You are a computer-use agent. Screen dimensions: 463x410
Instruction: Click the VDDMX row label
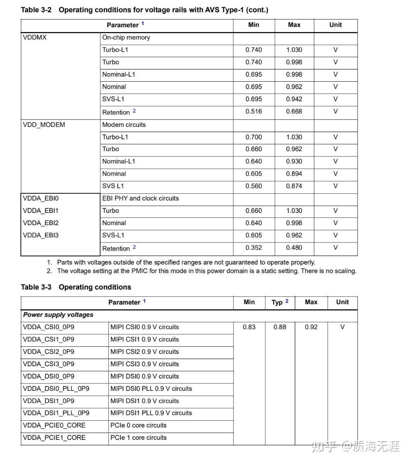pos(34,38)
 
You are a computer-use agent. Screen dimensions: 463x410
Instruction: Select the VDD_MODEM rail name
pos(44,125)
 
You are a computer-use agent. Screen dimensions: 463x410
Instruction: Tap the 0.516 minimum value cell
pos(254,112)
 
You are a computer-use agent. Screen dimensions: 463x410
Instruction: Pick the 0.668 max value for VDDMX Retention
pos(294,112)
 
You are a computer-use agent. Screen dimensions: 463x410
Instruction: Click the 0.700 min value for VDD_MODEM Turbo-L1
pos(254,137)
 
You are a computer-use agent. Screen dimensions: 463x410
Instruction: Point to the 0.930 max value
pos(294,162)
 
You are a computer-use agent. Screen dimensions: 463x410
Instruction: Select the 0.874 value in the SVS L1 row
pos(294,186)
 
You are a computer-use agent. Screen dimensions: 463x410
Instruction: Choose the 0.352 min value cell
pos(254,248)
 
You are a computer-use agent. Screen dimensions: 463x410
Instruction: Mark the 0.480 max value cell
pos(294,248)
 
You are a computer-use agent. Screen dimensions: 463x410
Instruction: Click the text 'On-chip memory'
pos(126,38)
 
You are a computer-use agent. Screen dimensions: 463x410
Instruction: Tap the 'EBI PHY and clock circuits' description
pos(141,198)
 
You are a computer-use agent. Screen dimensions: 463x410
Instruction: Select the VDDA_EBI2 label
pos(41,223)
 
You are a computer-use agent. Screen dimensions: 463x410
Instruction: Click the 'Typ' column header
pos(277,302)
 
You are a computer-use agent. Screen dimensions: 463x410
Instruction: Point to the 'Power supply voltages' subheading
pos(58,315)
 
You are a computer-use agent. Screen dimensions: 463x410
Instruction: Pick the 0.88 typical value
pos(280,327)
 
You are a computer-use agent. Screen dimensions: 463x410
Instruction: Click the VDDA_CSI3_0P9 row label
pos(49,364)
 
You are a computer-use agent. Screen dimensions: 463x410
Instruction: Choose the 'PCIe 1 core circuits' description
pos(138,438)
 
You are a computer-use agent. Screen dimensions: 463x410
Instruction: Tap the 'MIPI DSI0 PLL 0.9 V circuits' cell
pos(151,389)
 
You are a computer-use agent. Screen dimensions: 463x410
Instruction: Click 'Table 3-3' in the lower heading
pos(36,287)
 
